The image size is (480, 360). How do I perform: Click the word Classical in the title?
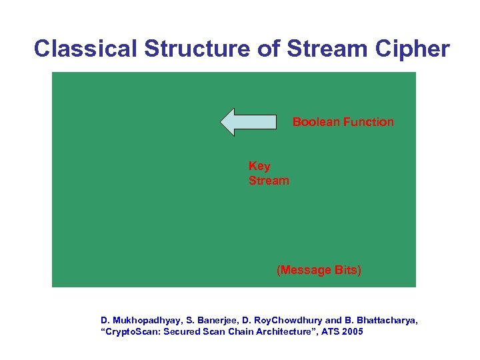click(x=87, y=49)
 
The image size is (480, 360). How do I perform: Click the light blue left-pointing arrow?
click(x=248, y=122)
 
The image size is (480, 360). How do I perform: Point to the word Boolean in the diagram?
click(x=314, y=122)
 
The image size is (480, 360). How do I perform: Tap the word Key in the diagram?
click(x=259, y=166)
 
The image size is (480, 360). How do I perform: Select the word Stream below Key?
click(x=269, y=181)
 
